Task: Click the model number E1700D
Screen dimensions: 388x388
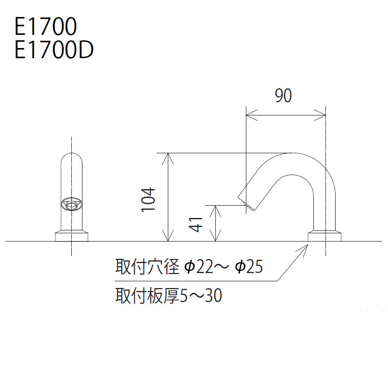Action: tap(54, 50)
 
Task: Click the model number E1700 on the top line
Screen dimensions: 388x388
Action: tap(46, 26)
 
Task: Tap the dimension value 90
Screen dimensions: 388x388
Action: tap(283, 96)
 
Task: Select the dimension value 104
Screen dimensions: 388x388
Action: tap(148, 199)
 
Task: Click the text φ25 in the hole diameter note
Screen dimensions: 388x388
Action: tap(249, 267)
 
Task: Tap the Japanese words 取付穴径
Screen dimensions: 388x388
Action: tap(147, 267)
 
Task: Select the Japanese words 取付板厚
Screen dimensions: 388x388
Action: tap(147, 296)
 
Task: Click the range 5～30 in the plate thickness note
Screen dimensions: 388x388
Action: tap(201, 296)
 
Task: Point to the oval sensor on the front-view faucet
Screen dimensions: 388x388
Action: tap(71, 204)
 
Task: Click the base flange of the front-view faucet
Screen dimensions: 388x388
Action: tap(71, 236)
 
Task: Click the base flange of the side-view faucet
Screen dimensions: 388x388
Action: tap(324, 236)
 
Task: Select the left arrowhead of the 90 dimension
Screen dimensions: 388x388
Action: tap(252, 115)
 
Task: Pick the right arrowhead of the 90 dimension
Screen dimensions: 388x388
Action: tap(320, 115)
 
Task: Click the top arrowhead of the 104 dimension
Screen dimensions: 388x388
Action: tap(168, 159)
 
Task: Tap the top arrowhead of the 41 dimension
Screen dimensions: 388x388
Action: tap(215, 211)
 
